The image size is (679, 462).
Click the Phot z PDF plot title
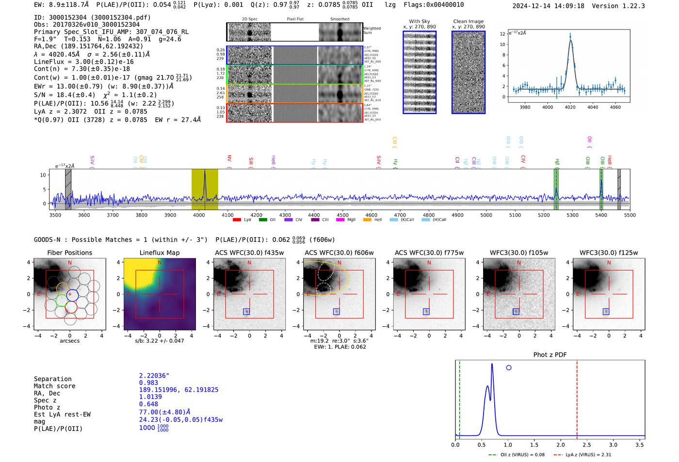tap(550, 354)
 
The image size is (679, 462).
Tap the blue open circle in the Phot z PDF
tap(508, 367)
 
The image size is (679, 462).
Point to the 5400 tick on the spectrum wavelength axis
tap(601, 215)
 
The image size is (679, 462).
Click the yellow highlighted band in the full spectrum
tap(205, 189)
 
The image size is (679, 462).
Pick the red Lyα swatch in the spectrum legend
tap(237, 220)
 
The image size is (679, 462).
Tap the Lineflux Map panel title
tap(159, 253)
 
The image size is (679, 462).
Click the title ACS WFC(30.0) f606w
tap(339, 253)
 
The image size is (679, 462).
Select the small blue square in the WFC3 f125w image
tap(606, 312)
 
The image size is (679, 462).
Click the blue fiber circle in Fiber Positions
tap(72, 295)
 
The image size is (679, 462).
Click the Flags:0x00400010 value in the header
tap(434, 5)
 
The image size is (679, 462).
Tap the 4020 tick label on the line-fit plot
tap(570, 107)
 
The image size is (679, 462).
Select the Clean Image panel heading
tap(468, 21)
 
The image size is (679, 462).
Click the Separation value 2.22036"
tap(154, 376)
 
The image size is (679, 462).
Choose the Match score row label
tap(54, 386)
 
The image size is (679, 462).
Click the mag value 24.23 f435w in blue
tap(180, 419)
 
